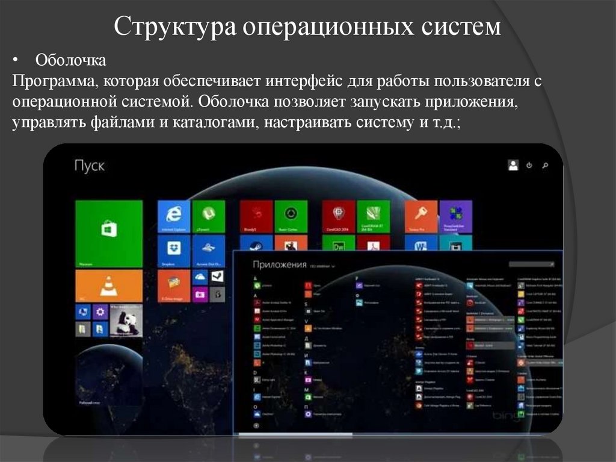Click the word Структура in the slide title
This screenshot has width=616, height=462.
(174, 27)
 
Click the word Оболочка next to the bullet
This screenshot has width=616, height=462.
(71, 60)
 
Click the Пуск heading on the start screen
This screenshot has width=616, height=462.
(89, 165)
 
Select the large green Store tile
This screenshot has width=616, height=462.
(109, 233)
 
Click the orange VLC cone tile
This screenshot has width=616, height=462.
(109, 285)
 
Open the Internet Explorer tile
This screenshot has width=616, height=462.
(174, 216)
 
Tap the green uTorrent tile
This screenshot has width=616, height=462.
(209, 216)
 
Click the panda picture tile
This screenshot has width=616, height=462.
(126, 320)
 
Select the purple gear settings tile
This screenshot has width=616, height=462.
(100, 311)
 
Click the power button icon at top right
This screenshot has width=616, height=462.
(529, 165)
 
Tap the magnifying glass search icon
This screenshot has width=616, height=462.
(544, 165)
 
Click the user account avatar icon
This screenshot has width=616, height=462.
(513, 164)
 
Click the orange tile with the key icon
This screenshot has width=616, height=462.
(421, 216)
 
